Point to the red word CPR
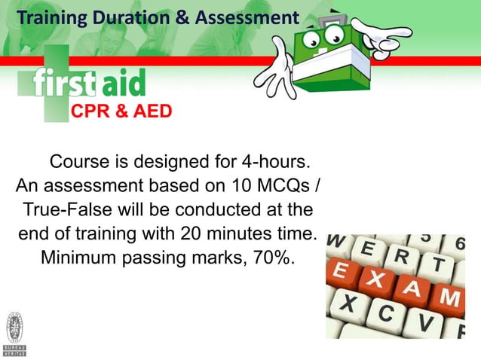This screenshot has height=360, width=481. point(92,113)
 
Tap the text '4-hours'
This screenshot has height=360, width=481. point(274,163)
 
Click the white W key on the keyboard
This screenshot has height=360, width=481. point(338,243)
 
